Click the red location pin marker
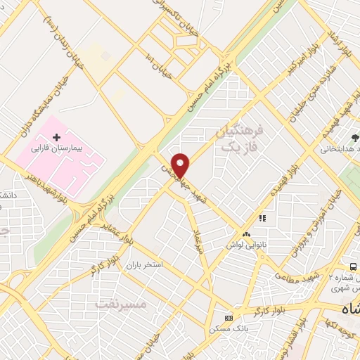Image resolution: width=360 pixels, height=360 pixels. pyautogui.click(x=181, y=165)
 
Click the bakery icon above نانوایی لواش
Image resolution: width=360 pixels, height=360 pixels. pyautogui.click(x=246, y=234)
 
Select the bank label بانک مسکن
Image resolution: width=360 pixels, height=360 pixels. pyautogui.click(x=226, y=329)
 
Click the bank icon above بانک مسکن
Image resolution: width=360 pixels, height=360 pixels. pyautogui.click(x=227, y=317)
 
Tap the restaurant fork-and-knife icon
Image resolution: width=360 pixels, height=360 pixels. pyautogui.click(x=262, y=219)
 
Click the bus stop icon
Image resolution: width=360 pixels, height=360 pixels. pyautogui.click(x=354, y=266)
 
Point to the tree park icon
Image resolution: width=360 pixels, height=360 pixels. pyautogui.click(x=355, y=137)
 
